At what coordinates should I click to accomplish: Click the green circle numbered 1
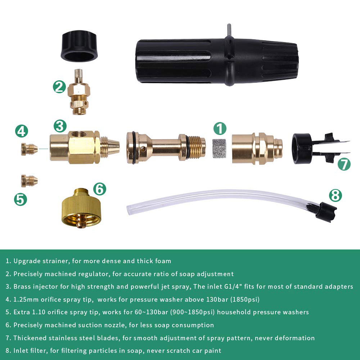click(x=220, y=129)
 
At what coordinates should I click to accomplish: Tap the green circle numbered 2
click(x=59, y=86)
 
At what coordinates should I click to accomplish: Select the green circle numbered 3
click(x=60, y=126)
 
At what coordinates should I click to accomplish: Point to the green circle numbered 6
click(x=100, y=189)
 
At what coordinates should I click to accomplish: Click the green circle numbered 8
click(x=336, y=195)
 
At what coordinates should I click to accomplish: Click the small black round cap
click(x=79, y=46)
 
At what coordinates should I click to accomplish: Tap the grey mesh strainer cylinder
click(x=219, y=148)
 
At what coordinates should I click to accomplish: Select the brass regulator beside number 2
click(x=79, y=92)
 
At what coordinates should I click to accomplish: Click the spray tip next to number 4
click(x=29, y=149)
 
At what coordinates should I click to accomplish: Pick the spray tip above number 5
click(x=29, y=181)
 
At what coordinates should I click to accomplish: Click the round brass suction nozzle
click(x=81, y=208)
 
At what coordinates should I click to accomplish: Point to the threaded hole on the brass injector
click(x=79, y=134)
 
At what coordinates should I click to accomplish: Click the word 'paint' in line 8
click(x=213, y=351)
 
